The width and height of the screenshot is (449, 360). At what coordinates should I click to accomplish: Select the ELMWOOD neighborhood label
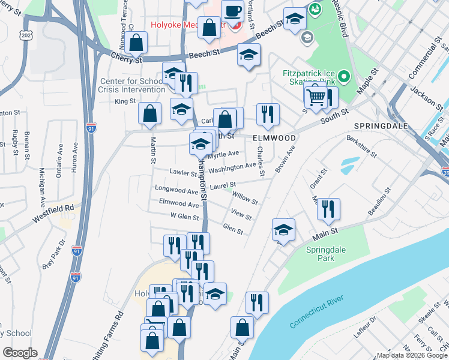(274, 138)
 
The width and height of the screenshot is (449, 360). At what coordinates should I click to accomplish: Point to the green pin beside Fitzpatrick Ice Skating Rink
(343, 76)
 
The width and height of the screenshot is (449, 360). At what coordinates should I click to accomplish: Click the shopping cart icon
(316, 95)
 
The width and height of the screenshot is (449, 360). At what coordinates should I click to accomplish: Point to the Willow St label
(245, 197)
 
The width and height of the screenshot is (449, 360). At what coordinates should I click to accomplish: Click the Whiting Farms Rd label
(112, 334)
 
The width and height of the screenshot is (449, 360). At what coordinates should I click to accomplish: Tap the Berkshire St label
(361, 146)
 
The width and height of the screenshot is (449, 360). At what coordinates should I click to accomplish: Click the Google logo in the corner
(20, 353)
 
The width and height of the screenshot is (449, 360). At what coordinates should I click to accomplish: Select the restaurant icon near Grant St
(328, 209)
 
